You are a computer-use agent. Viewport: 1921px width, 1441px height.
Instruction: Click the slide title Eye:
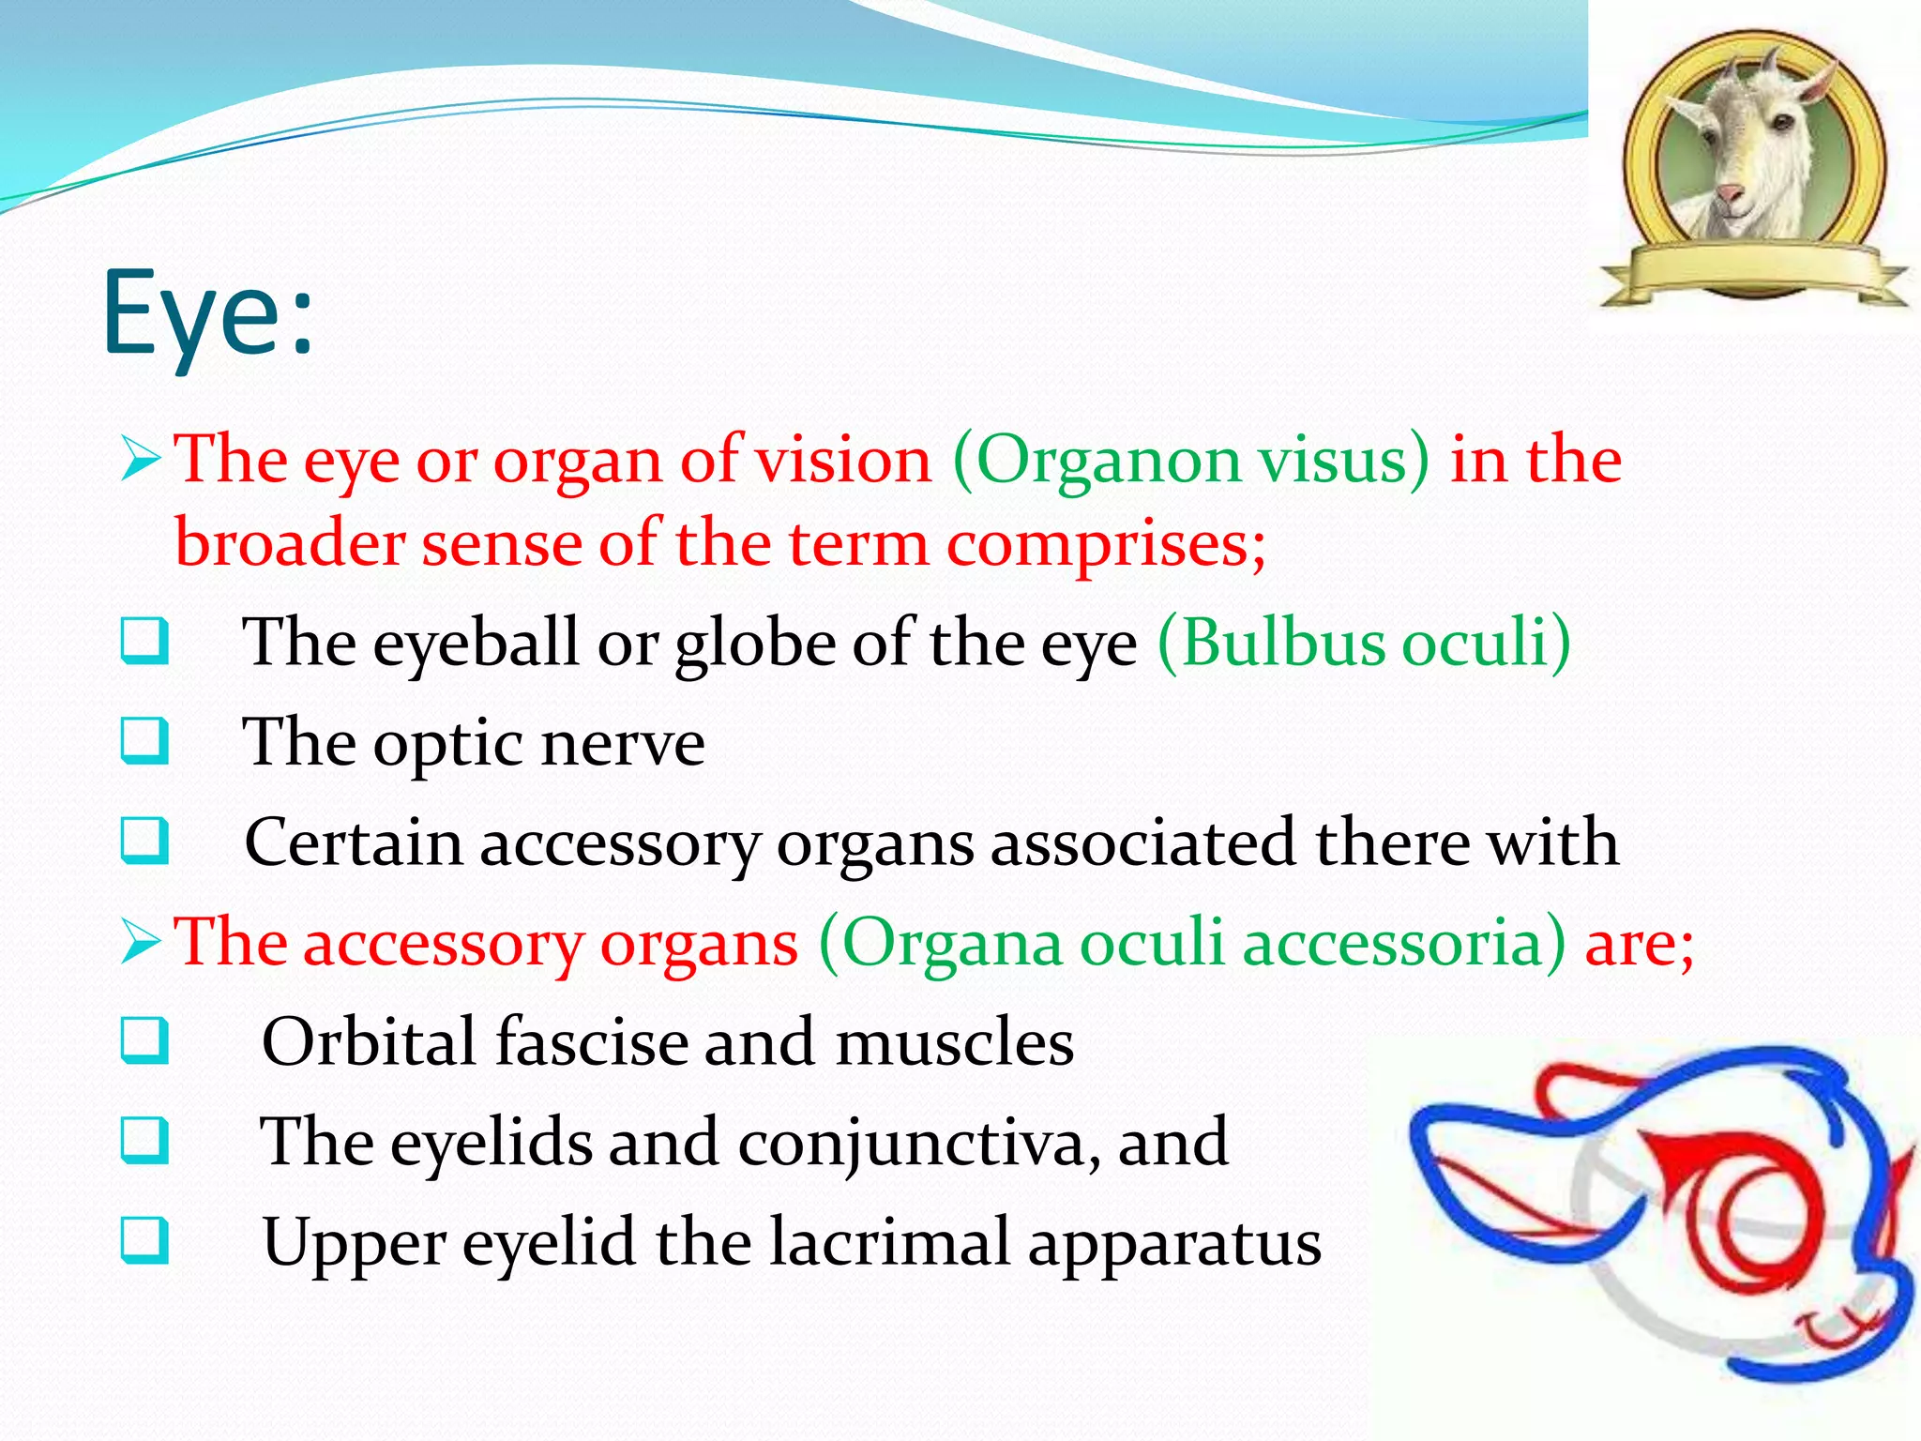click(x=208, y=314)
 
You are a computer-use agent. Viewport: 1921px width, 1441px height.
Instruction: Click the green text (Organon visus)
click(x=1191, y=461)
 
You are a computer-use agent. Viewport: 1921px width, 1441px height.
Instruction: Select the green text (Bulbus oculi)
click(x=1364, y=643)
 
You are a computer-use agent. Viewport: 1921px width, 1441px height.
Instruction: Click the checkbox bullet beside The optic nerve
click(x=144, y=741)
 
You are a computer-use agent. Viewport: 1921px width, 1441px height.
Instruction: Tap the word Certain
click(x=353, y=842)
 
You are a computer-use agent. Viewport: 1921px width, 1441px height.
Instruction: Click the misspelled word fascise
click(x=591, y=1042)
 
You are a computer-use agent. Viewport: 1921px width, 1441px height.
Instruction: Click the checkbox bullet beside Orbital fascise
click(x=144, y=1040)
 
